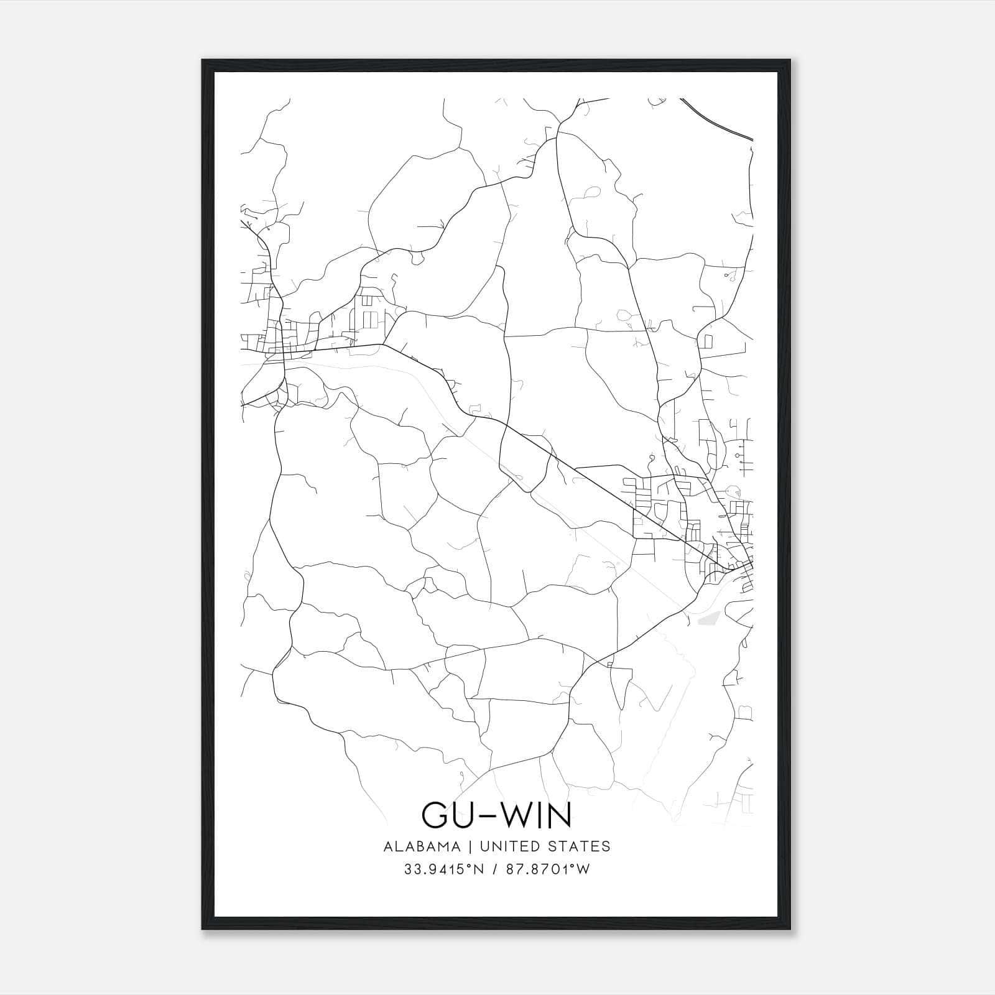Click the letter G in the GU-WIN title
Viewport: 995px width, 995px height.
[x=436, y=815]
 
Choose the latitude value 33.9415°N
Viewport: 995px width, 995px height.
[x=443, y=869]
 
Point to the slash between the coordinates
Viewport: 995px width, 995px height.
[x=495, y=869]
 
